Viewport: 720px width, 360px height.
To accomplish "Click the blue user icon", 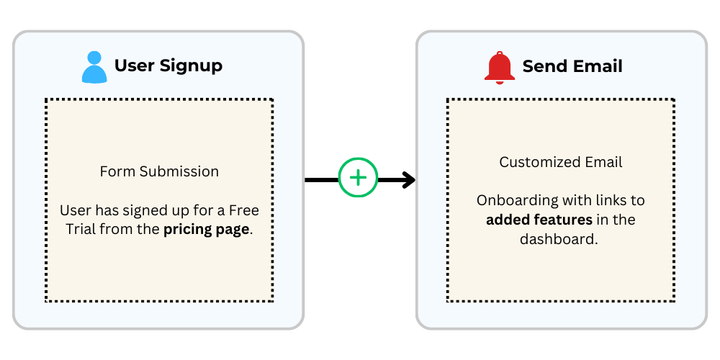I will (94, 66).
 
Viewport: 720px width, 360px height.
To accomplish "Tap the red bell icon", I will (500, 67).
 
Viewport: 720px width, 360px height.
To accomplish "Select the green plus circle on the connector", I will (358, 177).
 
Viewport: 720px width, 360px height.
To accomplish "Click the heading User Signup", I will (168, 66).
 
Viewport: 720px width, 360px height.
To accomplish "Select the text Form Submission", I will (159, 171).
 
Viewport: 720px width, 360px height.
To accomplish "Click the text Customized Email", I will (561, 162).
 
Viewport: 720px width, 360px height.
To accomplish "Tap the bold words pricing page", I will (207, 230).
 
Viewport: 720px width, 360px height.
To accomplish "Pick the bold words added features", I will (539, 220).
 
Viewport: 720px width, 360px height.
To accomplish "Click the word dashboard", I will (559, 239).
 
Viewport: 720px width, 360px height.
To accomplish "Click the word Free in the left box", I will (243, 211).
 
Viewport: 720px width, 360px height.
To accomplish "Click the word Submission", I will (179, 171).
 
